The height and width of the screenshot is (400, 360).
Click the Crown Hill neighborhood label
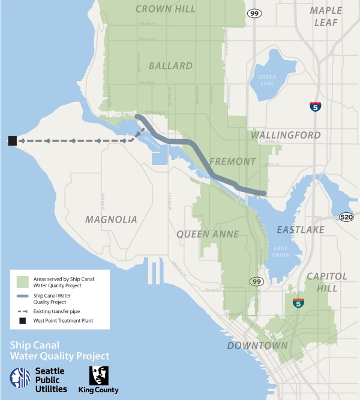coord(166,9)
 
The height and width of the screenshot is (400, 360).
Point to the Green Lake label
coord(267,80)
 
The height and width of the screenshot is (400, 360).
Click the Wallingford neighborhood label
coord(286,136)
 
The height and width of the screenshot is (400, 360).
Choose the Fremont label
coord(233,162)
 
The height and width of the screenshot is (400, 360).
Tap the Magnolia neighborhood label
coord(111,219)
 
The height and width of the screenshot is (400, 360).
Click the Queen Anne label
coord(208,234)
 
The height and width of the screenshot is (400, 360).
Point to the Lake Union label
coord(280,251)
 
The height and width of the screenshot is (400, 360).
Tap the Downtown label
coord(257,346)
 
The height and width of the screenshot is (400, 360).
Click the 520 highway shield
coord(346,216)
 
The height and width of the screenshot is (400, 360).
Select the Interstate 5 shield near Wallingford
coord(315,107)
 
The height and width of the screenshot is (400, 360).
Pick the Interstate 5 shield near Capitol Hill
coord(298,303)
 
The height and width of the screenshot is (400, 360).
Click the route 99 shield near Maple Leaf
coord(254,13)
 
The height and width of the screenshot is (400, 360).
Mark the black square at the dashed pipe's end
coord(12,141)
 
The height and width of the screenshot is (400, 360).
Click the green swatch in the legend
coord(22,281)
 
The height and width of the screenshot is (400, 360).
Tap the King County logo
coord(99,380)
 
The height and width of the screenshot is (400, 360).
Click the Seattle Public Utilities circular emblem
coord(20,378)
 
